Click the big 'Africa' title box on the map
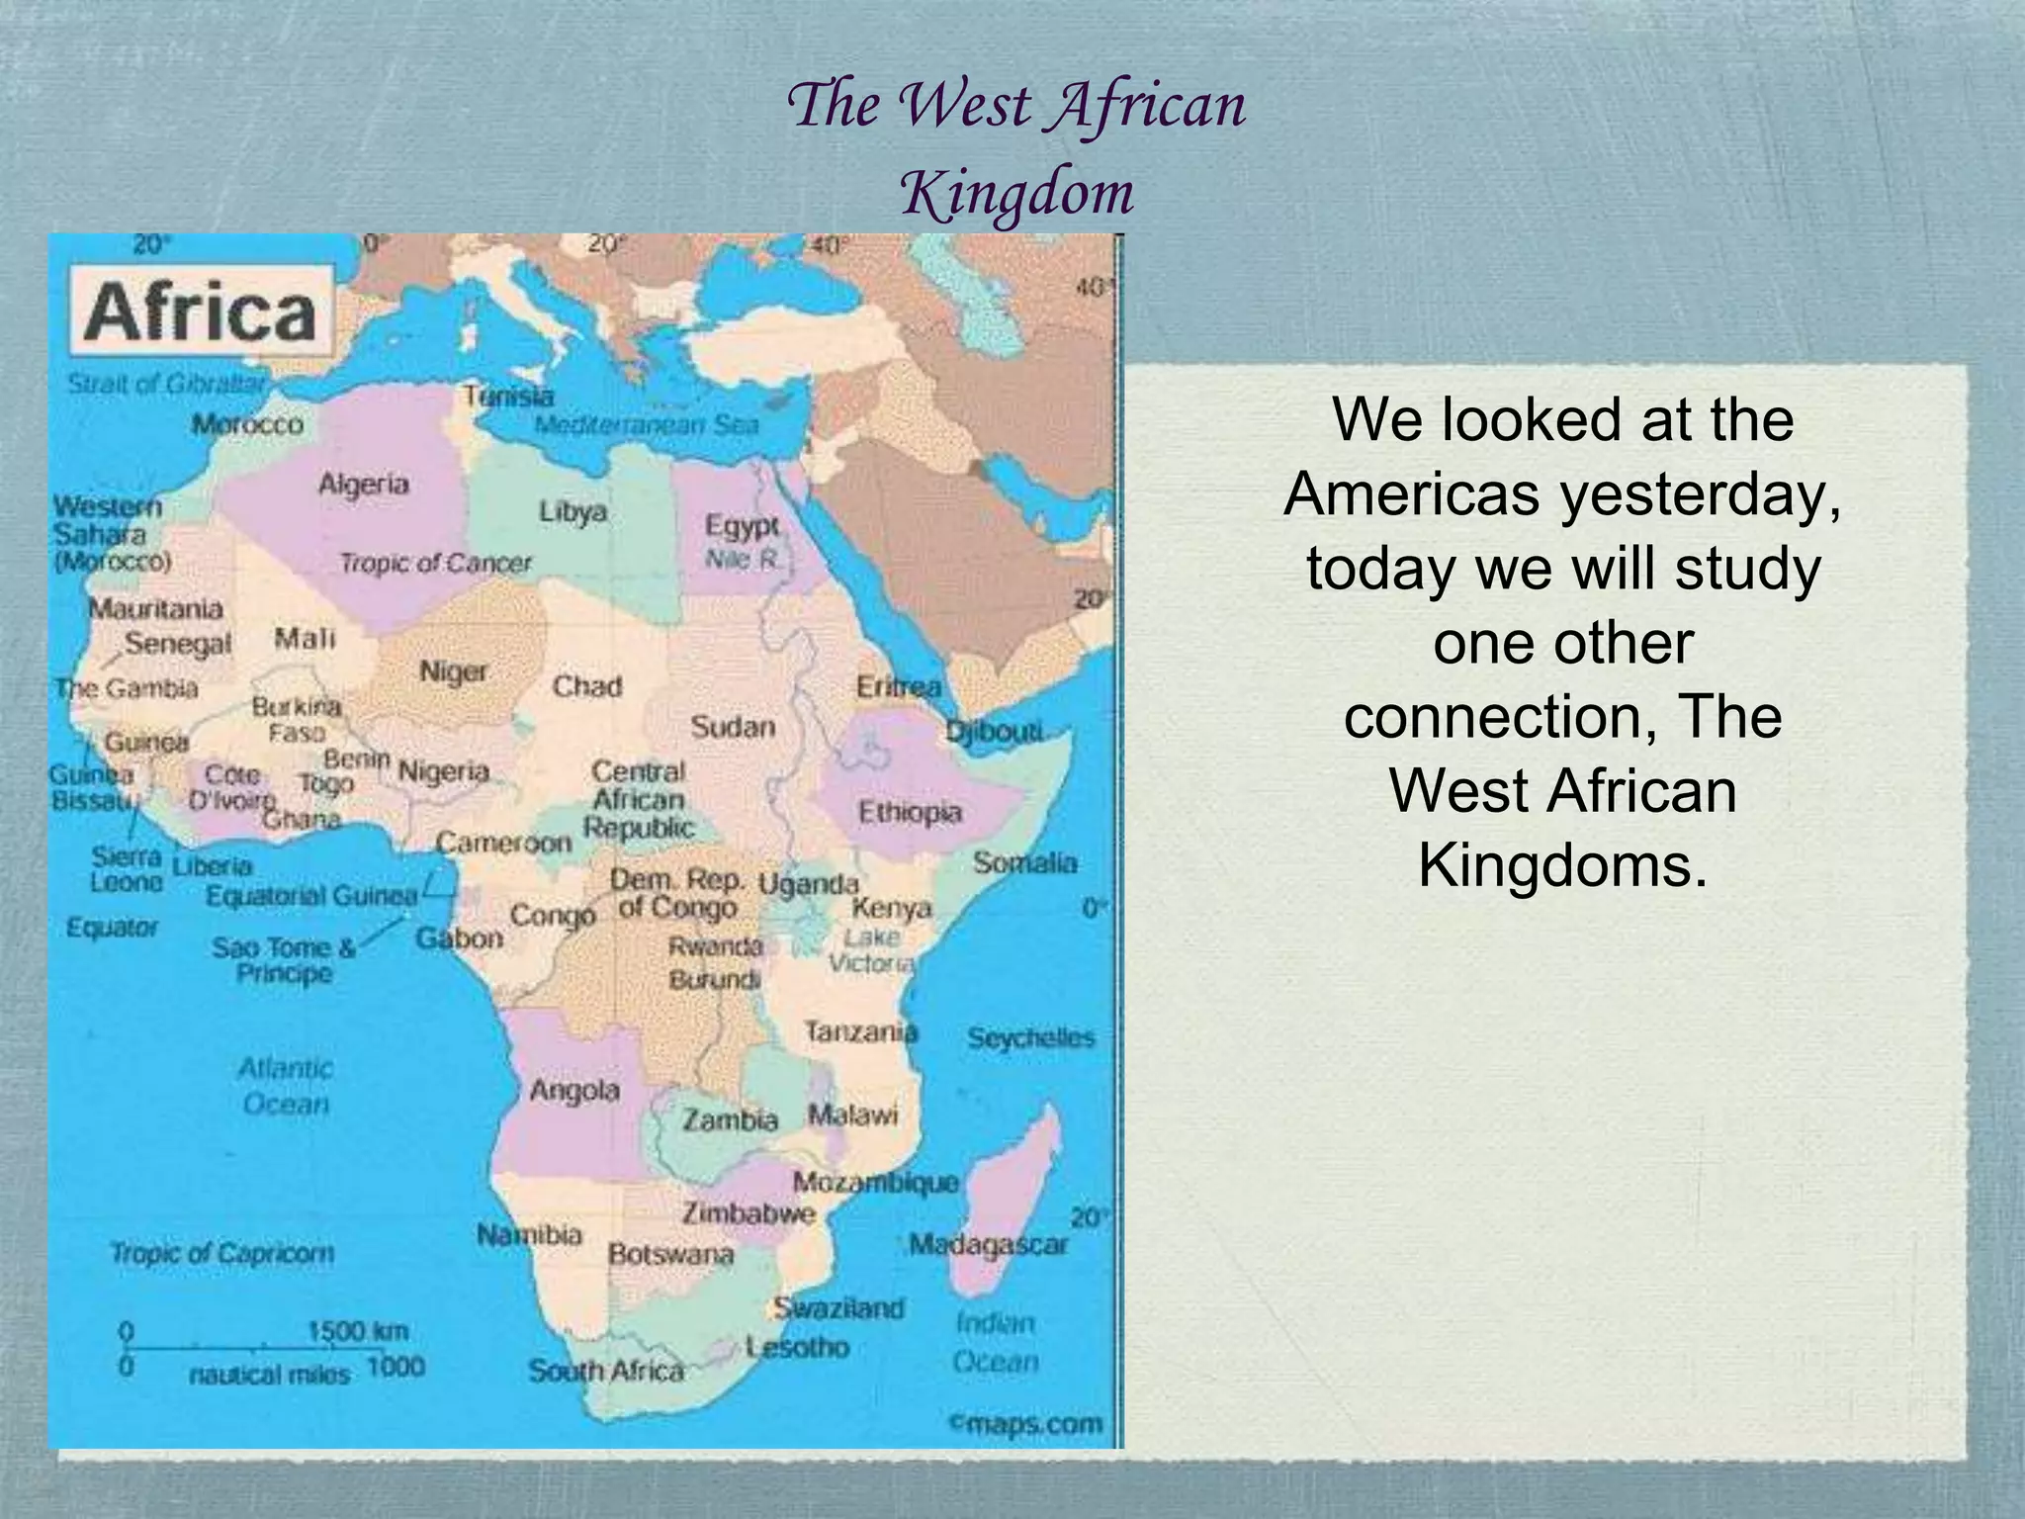(x=201, y=313)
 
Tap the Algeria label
(x=363, y=485)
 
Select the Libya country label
(x=572, y=512)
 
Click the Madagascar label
(x=989, y=1244)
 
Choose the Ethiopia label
(x=910, y=813)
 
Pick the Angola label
(x=574, y=1091)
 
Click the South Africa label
(x=605, y=1371)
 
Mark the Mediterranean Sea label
(x=647, y=425)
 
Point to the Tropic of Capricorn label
(x=221, y=1253)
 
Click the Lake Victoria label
(x=871, y=950)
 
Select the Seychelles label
(x=1030, y=1038)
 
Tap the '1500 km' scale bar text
(x=358, y=1331)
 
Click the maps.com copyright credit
(x=1025, y=1424)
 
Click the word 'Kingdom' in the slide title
(x=1016, y=192)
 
